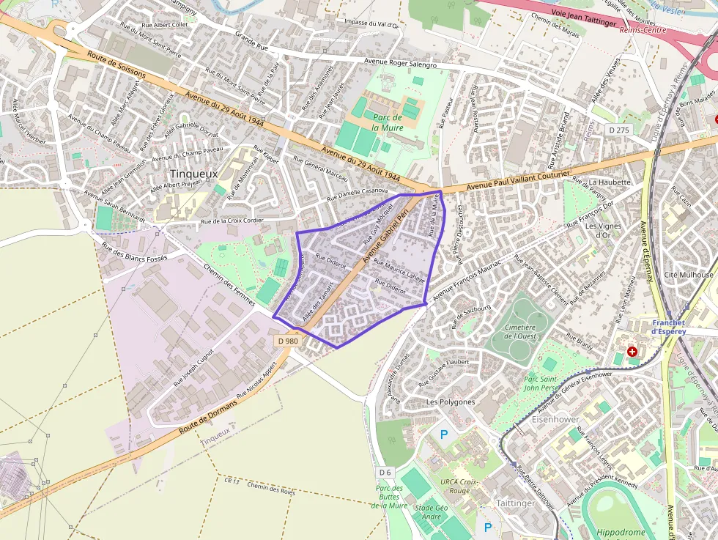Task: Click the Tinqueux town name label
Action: point(193,174)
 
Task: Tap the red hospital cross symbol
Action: point(632,352)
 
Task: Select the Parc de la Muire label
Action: point(387,122)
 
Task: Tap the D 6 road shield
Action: point(386,471)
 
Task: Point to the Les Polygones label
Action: point(451,402)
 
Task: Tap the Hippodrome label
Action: point(621,533)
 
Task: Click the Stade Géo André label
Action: point(431,511)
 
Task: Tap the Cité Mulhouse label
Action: point(688,275)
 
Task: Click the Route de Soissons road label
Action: point(116,65)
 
